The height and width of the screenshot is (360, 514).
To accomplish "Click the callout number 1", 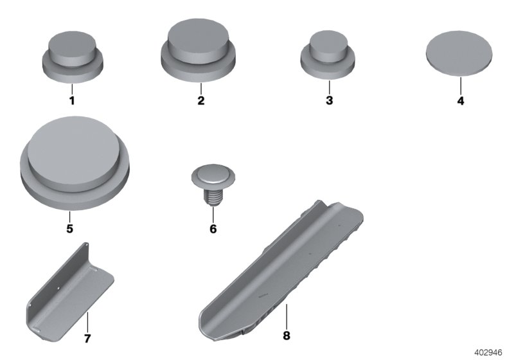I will (x=72, y=101).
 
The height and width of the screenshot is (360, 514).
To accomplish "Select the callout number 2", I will (x=201, y=101).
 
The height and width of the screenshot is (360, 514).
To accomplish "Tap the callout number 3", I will (x=329, y=101).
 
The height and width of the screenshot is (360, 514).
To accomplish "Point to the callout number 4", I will (x=461, y=101).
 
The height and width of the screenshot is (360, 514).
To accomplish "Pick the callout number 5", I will (x=69, y=228).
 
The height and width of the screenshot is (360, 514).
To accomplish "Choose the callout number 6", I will (x=213, y=228).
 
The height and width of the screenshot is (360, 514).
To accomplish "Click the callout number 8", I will (x=287, y=335).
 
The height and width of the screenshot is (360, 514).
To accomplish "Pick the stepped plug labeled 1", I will (x=72, y=55).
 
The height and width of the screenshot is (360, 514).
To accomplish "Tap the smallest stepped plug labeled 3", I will (x=329, y=55).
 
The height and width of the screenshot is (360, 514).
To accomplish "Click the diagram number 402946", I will (x=493, y=352).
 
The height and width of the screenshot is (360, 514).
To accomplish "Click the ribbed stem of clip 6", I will (x=213, y=195).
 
